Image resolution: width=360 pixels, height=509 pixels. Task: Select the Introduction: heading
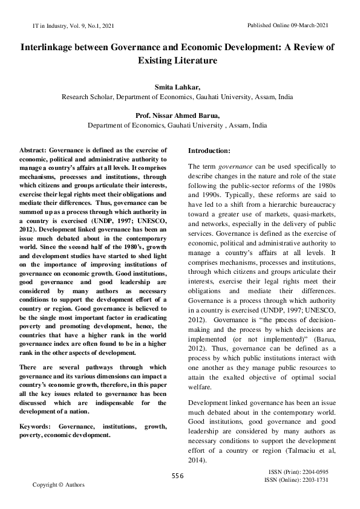(209, 149)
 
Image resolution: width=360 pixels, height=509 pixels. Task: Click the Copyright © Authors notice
(59, 485)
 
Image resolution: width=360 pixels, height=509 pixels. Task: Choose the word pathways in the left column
(92, 367)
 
